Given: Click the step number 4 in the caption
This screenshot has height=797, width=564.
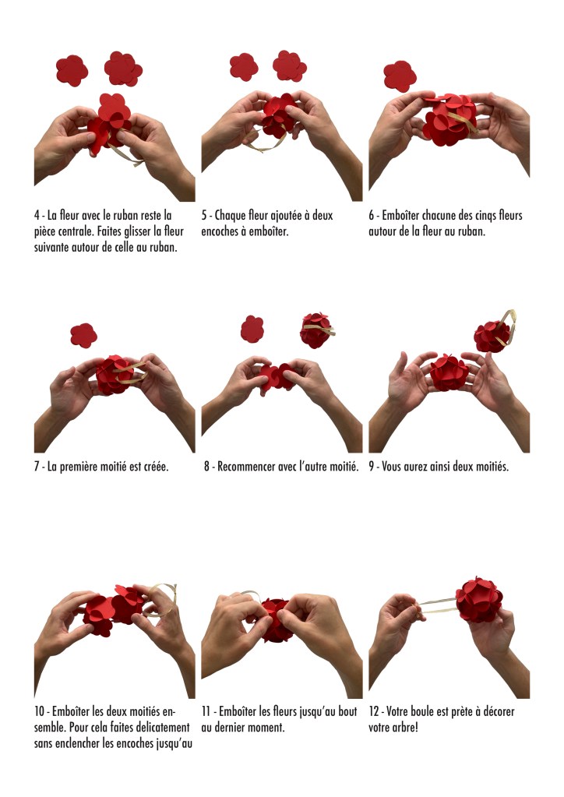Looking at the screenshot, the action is (37, 216).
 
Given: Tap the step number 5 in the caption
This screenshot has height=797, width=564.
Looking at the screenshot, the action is (204, 216).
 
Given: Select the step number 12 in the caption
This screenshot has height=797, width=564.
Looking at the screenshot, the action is (373, 711).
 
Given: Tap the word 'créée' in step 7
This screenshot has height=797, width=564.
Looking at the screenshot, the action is (154, 467).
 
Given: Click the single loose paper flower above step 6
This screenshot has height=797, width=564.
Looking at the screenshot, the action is (400, 76).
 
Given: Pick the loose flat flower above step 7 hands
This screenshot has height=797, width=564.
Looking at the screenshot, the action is (84, 336).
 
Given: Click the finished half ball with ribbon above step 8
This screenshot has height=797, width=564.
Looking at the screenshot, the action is (317, 330).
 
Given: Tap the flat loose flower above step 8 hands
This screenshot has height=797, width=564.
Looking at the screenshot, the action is (252, 329).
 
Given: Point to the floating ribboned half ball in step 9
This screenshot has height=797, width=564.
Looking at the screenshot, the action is (494, 333).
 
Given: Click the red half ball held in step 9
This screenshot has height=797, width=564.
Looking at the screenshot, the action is (449, 372).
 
